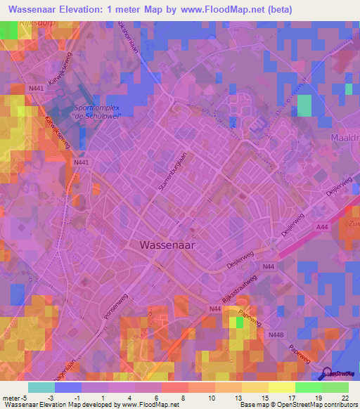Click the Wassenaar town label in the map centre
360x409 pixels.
click(x=167, y=245)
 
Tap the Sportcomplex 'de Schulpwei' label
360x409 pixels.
click(x=98, y=112)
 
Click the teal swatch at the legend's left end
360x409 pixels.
click(x=41, y=387)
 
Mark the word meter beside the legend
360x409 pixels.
click(x=11, y=397)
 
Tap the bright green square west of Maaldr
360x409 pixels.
click(x=304, y=105)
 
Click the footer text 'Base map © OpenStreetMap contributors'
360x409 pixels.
click(x=297, y=405)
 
